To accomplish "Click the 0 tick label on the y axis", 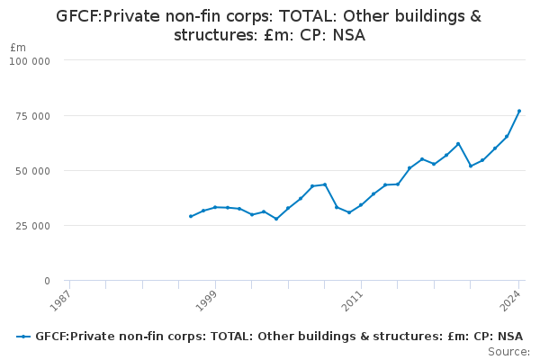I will [x=47, y=281].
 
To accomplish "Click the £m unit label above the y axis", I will [x=18, y=47].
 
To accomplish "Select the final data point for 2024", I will [x=519, y=111].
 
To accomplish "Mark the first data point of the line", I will [x=191, y=216].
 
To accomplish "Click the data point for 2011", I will [x=361, y=205].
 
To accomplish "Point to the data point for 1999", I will [x=215, y=207].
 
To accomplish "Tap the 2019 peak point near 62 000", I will [x=458, y=144].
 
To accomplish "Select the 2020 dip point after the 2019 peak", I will [x=471, y=166].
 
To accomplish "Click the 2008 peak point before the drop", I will [x=325, y=184].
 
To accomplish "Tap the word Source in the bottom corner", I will [x=508, y=352].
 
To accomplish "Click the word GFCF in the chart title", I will [x=76, y=16].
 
